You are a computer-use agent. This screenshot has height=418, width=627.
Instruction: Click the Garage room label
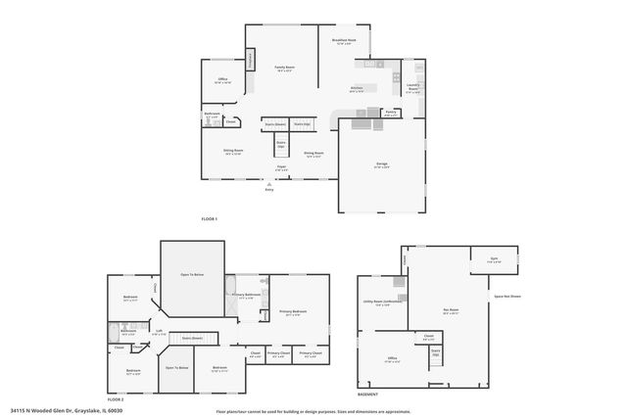tap(381, 166)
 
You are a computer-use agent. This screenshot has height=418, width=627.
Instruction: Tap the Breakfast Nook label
tap(345, 42)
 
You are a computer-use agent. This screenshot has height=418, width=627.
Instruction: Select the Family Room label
tap(285, 69)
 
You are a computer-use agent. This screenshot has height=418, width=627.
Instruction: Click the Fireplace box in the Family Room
tap(250, 61)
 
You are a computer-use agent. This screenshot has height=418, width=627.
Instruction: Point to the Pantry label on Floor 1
tap(390, 113)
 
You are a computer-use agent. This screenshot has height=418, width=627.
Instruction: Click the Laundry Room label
tap(412, 87)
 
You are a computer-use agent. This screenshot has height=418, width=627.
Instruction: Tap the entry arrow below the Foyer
tap(282, 183)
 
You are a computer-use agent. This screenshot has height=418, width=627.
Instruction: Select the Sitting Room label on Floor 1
tap(232, 153)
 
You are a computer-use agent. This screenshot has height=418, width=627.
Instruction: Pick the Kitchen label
tap(358, 90)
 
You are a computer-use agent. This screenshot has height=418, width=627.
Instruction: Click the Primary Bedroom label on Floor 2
tap(293, 313)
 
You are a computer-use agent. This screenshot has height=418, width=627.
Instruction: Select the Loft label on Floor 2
tap(159, 331)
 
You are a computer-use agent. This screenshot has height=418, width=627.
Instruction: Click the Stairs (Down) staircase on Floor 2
tap(192, 337)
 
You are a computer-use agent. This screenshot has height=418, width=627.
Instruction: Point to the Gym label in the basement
tap(495, 260)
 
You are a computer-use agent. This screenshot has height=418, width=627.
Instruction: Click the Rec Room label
tap(451, 312)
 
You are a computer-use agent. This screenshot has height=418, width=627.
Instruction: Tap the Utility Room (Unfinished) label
tap(384, 303)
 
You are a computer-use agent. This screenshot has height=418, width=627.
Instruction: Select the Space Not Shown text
tap(507, 296)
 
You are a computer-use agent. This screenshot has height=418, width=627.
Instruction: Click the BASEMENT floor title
tap(367, 395)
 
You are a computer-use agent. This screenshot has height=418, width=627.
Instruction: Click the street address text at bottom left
tap(67, 411)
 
